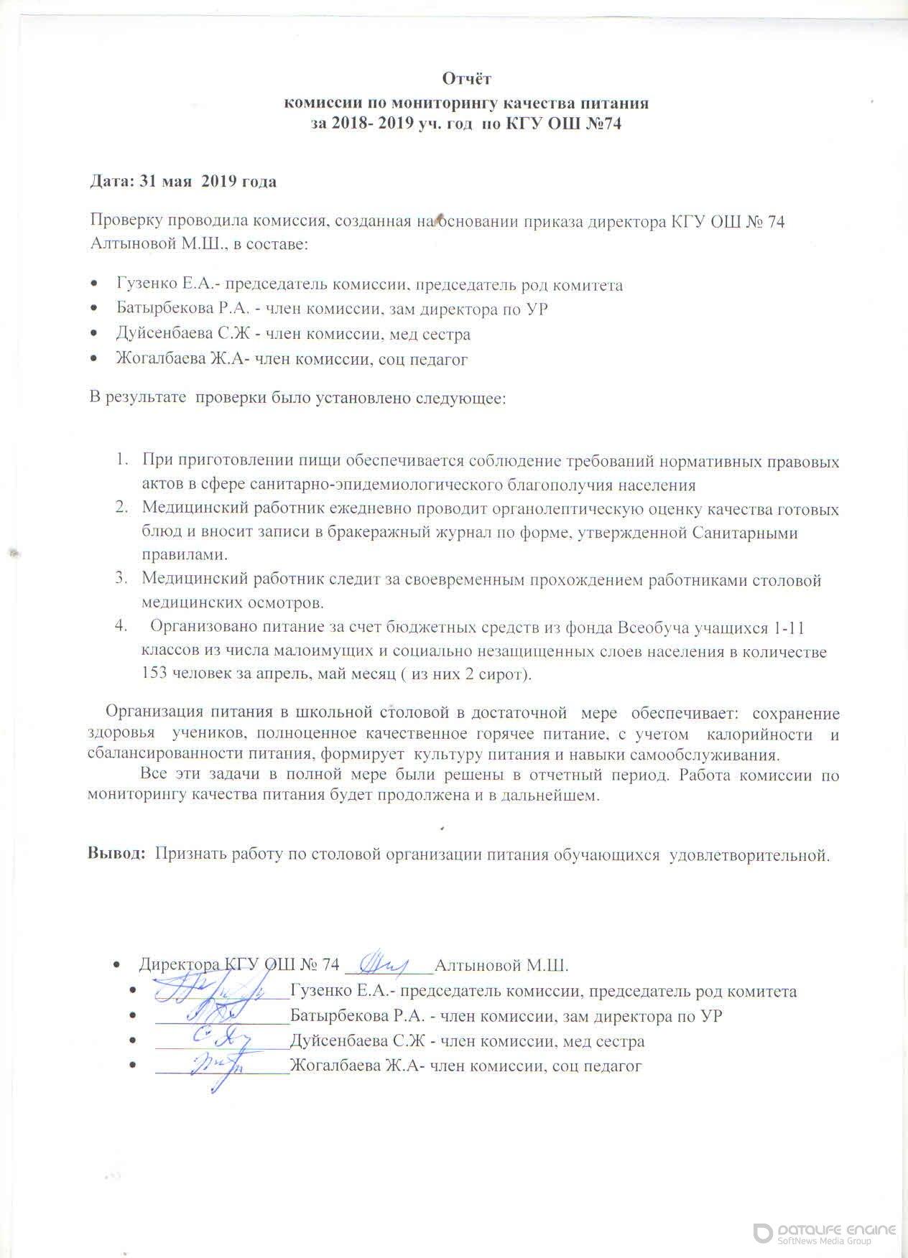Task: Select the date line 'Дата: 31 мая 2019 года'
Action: pos(182,181)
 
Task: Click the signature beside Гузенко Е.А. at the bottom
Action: pos(216,991)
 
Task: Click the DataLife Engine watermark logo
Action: pos(825,1234)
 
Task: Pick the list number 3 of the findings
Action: pos(121,579)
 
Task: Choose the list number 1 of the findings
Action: pos(123,460)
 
